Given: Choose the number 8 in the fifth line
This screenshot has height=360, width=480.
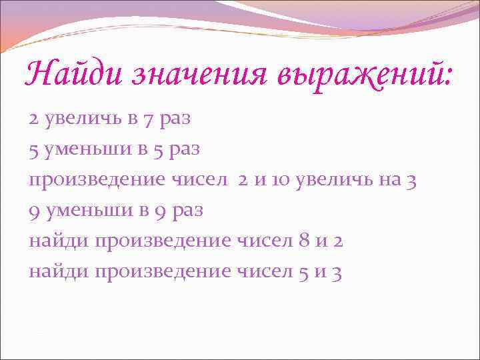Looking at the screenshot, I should pyautogui.click(x=305, y=241).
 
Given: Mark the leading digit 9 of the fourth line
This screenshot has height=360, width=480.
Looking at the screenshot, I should pyautogui.click(x=33, y=211).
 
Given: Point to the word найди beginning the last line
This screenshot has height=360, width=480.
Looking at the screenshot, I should pyautogui.click(x=59, y=271).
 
